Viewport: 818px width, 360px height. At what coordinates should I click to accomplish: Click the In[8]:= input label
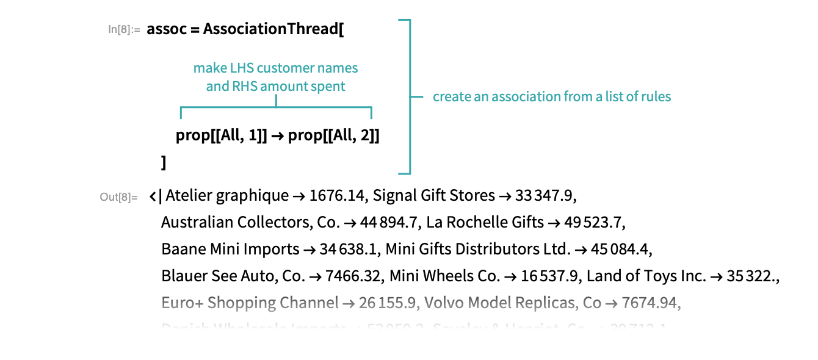pyautogui.click(x=124, y=29)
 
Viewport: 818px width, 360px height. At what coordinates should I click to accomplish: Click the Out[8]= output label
pyautogui.click(x=118, y=197)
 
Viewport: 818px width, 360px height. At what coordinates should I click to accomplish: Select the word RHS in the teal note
pyautogui.click(x=244, y=87)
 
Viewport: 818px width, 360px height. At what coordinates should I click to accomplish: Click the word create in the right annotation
pyautogui.click(x=451, y=97)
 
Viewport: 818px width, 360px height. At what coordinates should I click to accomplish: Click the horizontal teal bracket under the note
pyautogui.click(x=276, y=109)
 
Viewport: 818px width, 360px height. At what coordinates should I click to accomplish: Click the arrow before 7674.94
pyautogui.click(x=626, y=303)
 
